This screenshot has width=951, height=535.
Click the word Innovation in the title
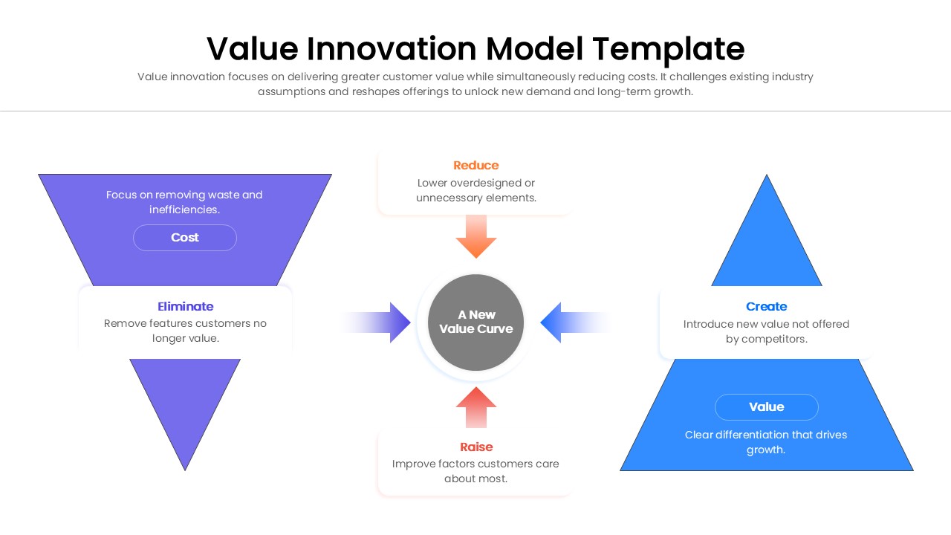(392, 49)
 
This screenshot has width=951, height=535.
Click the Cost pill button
(185, 238)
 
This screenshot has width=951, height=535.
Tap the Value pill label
(766, 407)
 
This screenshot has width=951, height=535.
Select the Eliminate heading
(185, 306)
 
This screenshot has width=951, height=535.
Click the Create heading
(766, 306)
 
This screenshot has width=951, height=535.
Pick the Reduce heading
(475, 165)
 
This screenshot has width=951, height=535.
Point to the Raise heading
(475, 447)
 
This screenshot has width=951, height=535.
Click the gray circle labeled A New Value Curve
(475, 322)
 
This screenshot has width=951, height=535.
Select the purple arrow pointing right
(394, 322)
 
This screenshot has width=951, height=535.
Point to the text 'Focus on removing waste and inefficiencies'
(184, 202)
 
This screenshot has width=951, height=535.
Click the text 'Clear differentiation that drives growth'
(766, 442)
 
